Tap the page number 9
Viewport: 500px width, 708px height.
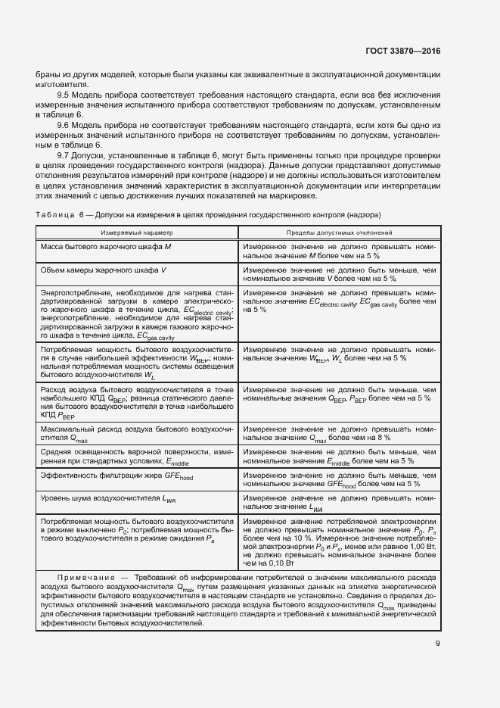pos(438,645)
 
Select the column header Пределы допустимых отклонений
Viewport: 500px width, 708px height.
pos(338,233)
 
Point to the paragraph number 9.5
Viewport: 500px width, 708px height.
pos(64,95)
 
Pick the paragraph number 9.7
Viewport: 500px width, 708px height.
pos(64,154)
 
